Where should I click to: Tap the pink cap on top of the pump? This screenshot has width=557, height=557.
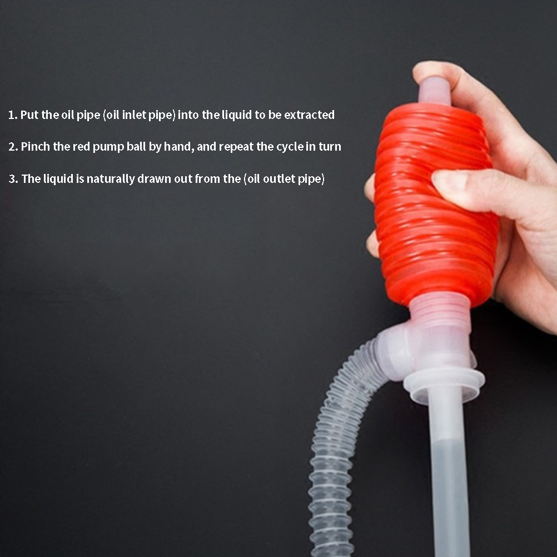pos(435,91)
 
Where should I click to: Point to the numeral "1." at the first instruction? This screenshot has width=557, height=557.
pos(13,115)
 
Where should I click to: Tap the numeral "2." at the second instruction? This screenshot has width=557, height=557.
pos(13,147)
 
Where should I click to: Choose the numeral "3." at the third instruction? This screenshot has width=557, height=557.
pos(13,178)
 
